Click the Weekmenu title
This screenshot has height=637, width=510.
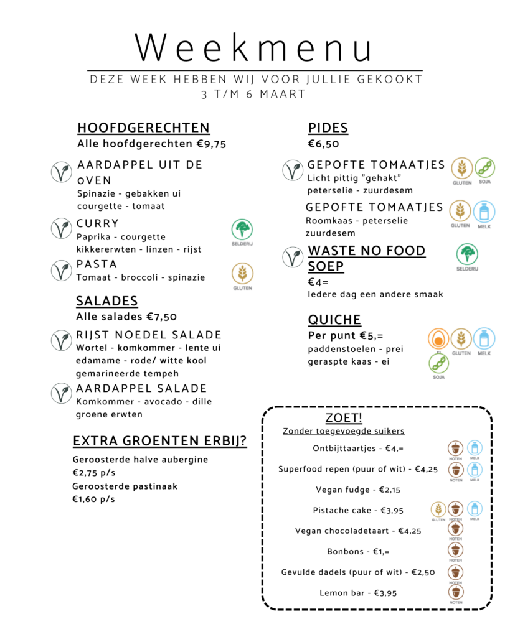click(x=255, y=48)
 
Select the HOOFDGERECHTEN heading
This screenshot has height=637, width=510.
click(x=143, y=128)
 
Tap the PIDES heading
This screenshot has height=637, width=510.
click(x=328, y=128)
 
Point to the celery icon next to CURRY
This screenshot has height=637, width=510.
click(x=242, y=230)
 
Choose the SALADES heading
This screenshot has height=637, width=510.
click(x=106, y=301)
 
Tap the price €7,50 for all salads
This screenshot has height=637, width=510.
click(x=161, y=317)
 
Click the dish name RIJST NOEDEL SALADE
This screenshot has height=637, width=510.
click(x=149, y=335)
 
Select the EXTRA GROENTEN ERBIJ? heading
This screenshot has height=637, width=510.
click(x=159, y=441)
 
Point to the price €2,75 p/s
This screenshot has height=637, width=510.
click(x=93, y=473)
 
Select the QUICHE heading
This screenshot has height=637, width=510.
click(x=334, y=320)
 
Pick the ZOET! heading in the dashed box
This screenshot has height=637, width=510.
click(x=344, y=417)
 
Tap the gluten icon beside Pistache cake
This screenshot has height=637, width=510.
click(x=438, y=509)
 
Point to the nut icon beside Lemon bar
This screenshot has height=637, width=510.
click(x=456, y=592)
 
